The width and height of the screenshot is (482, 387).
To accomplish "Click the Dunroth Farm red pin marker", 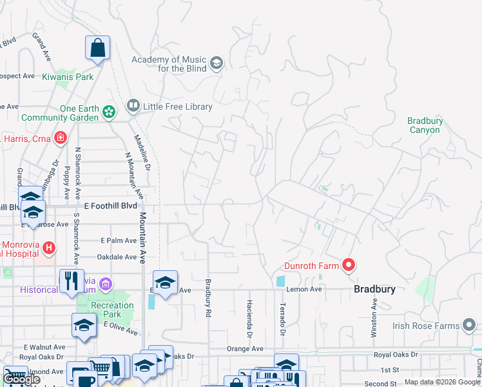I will tap(348, 265).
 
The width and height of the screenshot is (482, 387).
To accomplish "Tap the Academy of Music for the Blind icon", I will tap(217, 63).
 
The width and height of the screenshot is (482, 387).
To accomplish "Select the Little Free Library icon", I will tap(133, 105).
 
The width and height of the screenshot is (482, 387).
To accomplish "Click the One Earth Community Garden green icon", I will tap(108, 112).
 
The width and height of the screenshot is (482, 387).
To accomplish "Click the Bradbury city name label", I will tap(374, 290).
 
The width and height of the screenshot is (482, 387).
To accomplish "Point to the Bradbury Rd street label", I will tap(208, 297).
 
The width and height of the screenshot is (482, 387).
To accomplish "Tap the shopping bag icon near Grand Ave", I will tap(97, 48).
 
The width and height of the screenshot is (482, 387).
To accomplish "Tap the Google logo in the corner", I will tap(21, 379).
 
